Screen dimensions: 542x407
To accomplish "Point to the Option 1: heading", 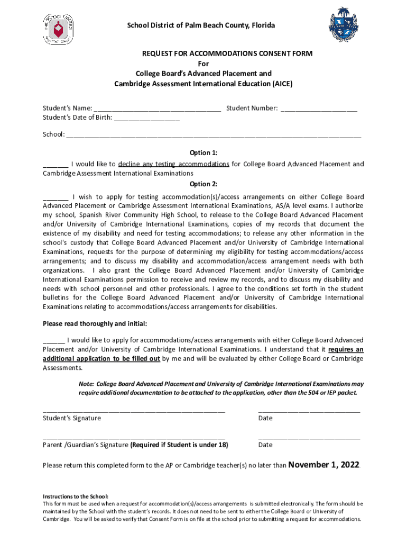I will (x=203, y=153).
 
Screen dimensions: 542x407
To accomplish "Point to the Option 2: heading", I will (x=203, y=184).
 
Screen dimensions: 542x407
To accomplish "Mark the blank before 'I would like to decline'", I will (x=55, y=165).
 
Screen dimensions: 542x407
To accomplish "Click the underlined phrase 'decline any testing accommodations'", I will (x=173, y=164).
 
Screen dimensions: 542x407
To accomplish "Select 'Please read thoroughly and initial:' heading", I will (x=95, y=323).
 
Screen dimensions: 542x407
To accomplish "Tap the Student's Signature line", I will (x=134, y=411).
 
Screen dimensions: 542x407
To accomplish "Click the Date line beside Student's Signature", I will (x=309, y=411).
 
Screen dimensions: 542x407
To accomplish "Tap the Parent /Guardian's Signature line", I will (x=134, y=438).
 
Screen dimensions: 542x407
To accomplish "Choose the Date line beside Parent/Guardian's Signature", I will (x=309, y=438).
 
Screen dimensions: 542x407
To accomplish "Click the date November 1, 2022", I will (x=323, y=465).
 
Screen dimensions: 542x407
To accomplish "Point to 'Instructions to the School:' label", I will (x=75, y=496).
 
